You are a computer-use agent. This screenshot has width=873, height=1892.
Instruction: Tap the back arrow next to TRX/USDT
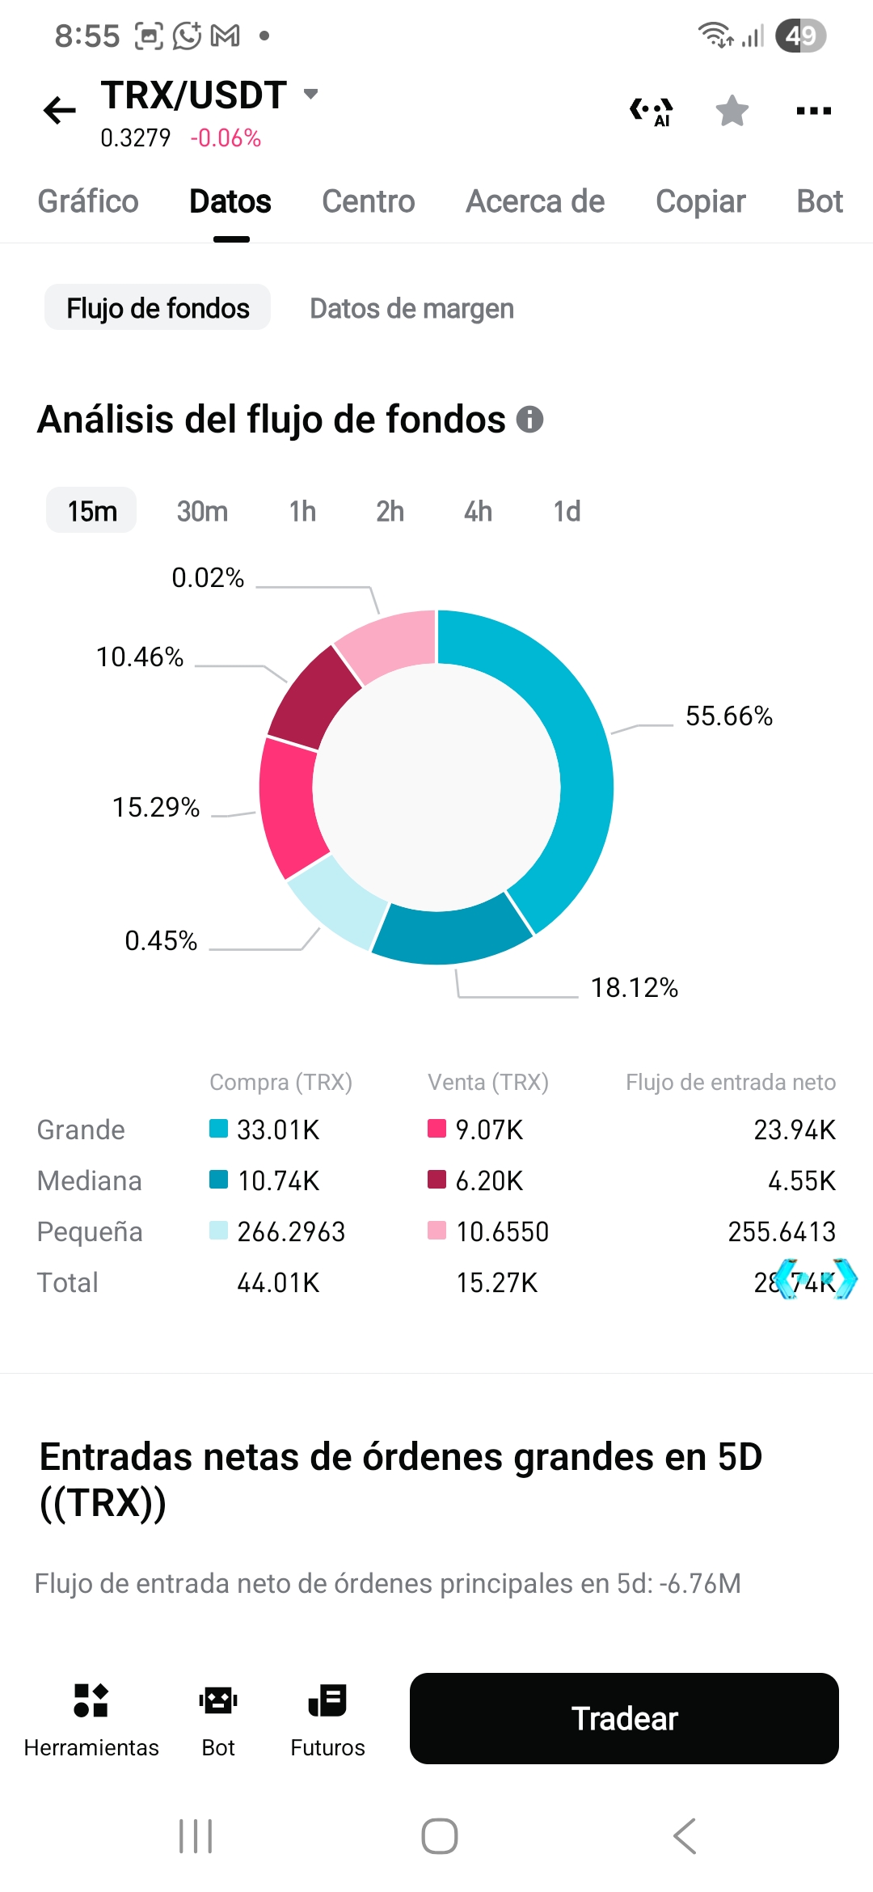click(x=60, y=110)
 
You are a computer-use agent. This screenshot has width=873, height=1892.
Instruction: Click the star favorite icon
click(x=732, y=111)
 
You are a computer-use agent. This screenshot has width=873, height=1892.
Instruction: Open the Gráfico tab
click(x=88, y=201)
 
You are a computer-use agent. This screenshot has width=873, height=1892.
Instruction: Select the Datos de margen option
click(x=411, y=308)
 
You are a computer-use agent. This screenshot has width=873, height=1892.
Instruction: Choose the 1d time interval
click(x=567, y=511)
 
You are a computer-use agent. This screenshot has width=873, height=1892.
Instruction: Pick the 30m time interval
click(x=202, y=511)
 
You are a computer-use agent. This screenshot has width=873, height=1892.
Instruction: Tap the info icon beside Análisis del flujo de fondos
click(x=529, y=419)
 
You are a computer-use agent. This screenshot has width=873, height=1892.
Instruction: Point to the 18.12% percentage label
click(x=634, y=987)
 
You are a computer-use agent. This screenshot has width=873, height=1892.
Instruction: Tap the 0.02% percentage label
click(x=208, y=577)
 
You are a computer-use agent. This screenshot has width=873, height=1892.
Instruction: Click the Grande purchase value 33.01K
click(x=278, y=1130)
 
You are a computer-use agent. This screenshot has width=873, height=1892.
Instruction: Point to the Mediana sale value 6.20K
click(x=489, y=1180)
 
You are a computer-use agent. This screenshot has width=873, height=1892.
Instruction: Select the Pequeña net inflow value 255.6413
click(x=781, y=1231)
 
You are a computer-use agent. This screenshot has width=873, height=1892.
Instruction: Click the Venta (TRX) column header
click(x=488, y=1082)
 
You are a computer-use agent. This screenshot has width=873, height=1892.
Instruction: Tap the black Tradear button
click(x=624, y=1718)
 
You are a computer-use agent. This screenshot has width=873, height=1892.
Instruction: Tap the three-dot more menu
click(x=813, y=111)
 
